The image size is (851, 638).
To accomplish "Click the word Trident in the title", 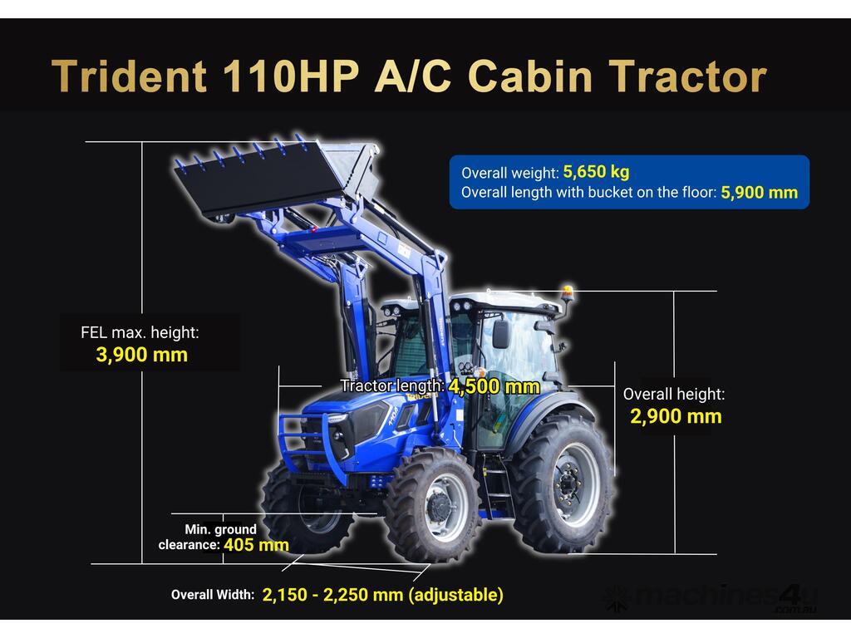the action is point(129,76).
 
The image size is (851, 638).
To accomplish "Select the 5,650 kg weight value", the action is point(597,172).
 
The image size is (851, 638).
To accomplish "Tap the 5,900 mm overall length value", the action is point(760,193).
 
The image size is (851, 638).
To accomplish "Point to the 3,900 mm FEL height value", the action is point(141,355).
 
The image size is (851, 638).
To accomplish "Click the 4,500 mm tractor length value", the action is point(494,386).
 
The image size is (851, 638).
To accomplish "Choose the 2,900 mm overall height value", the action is point(676,416).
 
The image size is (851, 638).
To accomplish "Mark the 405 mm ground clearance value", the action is point(256,545).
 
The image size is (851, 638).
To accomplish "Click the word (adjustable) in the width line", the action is point(455,595).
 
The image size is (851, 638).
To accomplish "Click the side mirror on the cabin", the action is point(500,334).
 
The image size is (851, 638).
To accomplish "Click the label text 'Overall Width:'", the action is point(213,595).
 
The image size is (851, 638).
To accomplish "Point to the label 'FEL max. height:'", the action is point(140,332).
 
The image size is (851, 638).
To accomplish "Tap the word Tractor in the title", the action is point(689,76).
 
